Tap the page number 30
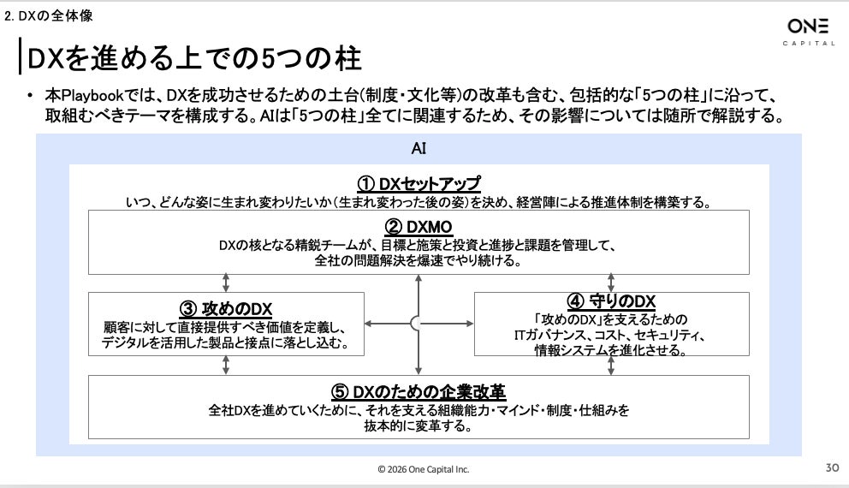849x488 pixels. pyautogui.click(x=831, y=468)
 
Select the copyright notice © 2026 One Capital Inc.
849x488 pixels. pyautogui.click(x=424, y=469)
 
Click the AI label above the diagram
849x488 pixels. pyautogui.click(x=419, y=149)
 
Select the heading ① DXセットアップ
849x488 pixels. pyautogui.click(x=419, y=184)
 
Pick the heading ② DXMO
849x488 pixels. pyautogui.click(x=419, y=227)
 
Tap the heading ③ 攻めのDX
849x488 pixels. pyautogui.click(x=226, y=309)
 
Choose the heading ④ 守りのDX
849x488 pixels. pyautogui.click(x=611, y=301)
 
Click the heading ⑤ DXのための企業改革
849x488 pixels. pyautogui.click(x=419, y=391)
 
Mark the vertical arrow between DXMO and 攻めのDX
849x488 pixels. pyautogui.click(x=226, y=283)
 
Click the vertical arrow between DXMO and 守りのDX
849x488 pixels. pyautogui.click(x=612, y=283)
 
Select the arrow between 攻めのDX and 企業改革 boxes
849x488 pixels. pyautogui.click(x=226, y=365)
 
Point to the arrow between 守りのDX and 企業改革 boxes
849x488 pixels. pyautogui.click(x=612, y=365)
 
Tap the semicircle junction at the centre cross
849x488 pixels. pyautogui.click(x=416, y=324)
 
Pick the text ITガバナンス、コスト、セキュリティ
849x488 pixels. pyautogui.click(x=611, y=335)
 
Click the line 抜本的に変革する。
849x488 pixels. pyautogui.click(x=419, y=426)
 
